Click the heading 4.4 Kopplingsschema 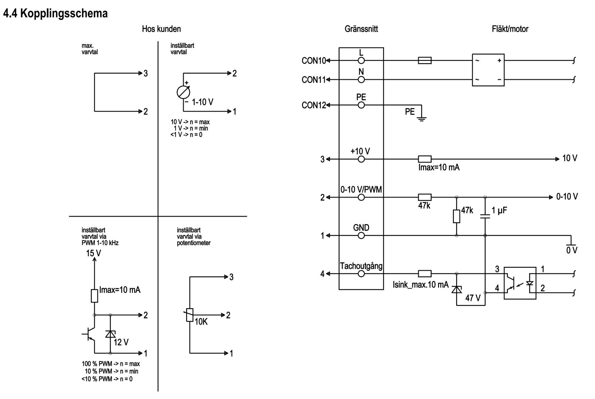pos(55,13)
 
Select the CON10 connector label pos(314,61)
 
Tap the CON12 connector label pos(314,105)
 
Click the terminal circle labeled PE pos(361,105)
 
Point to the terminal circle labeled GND pos(361,235)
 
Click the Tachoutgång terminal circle pos(361,274)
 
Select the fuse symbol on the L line pos(425,61)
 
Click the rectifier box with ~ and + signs pos(488,70)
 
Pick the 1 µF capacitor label pos(499,210)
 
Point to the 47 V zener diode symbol pos(456,290)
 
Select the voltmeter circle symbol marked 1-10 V pos(184,92)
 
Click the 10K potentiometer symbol pos(190,315)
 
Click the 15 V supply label pos(94,253)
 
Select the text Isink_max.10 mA pos(421,285)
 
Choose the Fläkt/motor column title pos(510,29)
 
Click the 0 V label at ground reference pos(572,250)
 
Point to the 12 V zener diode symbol pos(110,334)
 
